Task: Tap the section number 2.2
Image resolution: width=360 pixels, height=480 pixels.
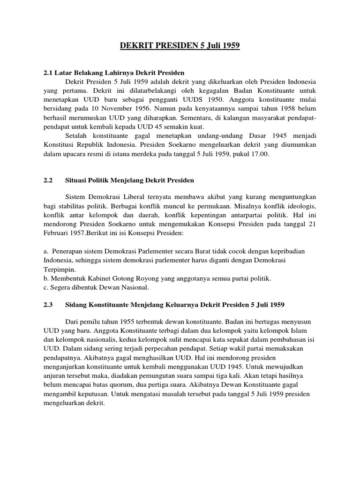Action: (x=48, y=180)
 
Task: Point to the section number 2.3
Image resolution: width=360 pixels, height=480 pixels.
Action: (x=48, y=304)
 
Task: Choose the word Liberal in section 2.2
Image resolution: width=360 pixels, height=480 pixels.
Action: (x=146, y=198)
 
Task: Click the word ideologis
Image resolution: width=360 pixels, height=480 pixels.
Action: (x=301, y=207)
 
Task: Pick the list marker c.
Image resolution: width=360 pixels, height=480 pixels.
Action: (x=45, y=287)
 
